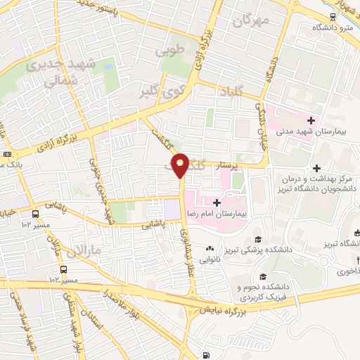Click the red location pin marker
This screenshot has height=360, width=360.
[x=181, y=165]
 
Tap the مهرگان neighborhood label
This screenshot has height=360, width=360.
[x=252, y=21]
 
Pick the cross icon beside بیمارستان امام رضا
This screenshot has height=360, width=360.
[x=205, y=202]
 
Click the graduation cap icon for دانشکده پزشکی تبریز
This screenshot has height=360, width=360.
[x=258, y=239]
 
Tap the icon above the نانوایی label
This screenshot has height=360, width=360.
[x=209, y=248]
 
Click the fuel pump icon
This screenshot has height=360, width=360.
[x=206, y=355]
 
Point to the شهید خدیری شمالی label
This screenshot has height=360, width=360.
[x=53, y=72]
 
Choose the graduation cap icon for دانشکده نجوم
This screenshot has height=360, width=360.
[x=262, y=277]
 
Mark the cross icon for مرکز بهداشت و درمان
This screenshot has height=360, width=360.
[x=317, y=168]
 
